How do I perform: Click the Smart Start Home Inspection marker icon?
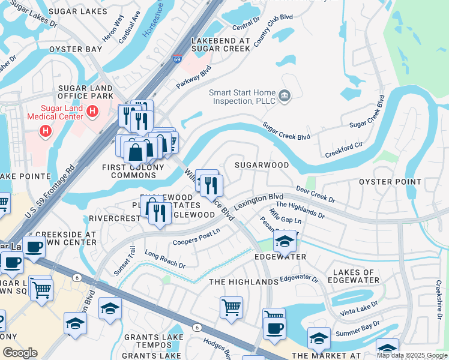(x=285, y=94)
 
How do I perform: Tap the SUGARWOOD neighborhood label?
(x=261, y=164)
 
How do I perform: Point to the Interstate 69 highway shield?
(x=177, y=59)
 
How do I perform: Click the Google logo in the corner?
(x=20, y=352)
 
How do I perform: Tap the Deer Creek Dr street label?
(x=315, y=194)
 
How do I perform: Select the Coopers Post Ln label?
(x=196, y=237)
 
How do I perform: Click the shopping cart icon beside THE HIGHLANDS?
(x=231, y=307)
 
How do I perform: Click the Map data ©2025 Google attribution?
(x=411, y=355)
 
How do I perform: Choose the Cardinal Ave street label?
(x=129, y=27)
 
